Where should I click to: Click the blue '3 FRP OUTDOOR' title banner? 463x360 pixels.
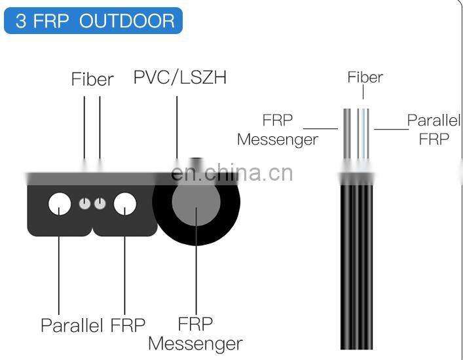click(93, 21)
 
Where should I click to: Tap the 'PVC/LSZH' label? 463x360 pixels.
click(179, 77)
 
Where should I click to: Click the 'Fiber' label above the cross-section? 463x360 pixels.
click(92, 79)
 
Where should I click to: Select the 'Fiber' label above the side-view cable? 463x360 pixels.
click(365, 77)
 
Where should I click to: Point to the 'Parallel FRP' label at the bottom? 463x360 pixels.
click(93, 325)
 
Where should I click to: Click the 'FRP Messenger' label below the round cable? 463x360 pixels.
click(195, 333)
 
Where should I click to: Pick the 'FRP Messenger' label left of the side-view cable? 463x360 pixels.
click(278, 130)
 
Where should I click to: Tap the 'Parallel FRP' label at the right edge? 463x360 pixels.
click(433, 130)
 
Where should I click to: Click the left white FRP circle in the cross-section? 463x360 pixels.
click(60, 204)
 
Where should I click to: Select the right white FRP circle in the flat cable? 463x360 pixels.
click(124, 204)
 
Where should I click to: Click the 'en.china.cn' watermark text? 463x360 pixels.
click(231, 173)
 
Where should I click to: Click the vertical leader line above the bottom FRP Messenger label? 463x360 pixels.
click(195, 262)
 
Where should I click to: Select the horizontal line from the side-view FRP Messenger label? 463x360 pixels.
click(321, 128)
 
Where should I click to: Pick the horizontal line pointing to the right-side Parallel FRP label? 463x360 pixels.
click(391, 128)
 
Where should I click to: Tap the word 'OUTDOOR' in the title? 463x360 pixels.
click(127, 21)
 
